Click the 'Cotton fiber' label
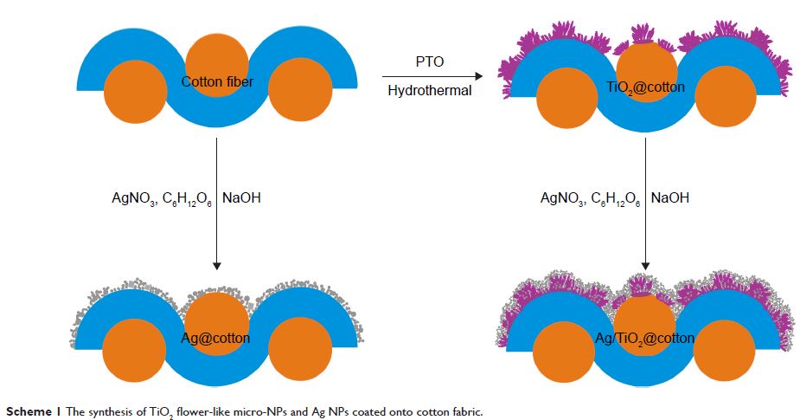[x=215, y=82]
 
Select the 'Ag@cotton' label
[x=216, y=337]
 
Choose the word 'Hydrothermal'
[x=429, y=90]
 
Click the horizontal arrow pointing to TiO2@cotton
[x=429, y=77]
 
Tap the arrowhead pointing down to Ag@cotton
[x=217, y=263]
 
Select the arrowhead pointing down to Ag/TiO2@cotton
[x=646, y=263]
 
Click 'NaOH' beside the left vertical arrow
[x=242, y=198]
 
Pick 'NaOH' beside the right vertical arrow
[x=670, y=198]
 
